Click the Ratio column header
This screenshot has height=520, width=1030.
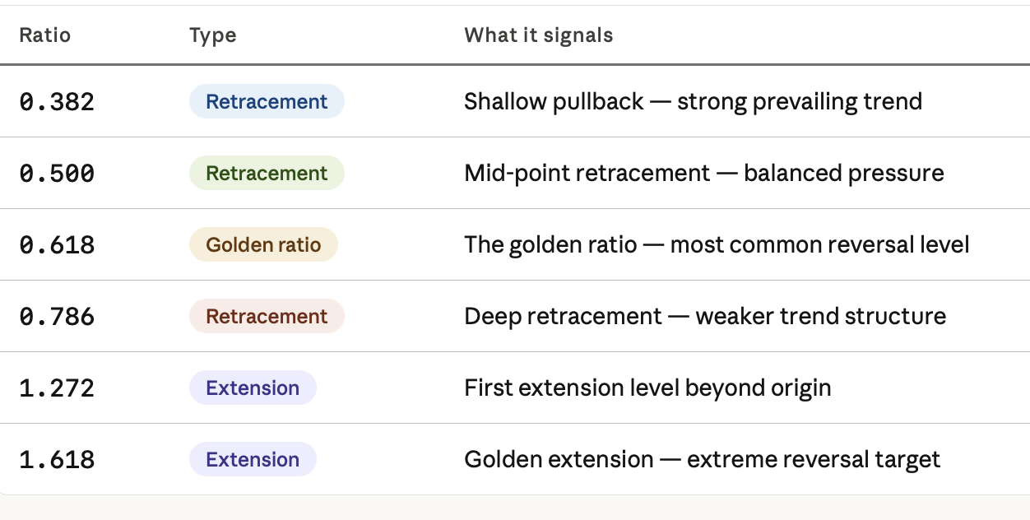45,35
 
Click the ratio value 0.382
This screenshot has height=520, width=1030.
57,101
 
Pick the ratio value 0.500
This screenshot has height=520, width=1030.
57,174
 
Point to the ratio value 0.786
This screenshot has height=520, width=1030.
57,316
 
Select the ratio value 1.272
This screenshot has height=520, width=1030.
57,388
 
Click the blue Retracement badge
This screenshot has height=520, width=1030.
267,101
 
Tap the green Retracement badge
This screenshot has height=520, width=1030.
267,173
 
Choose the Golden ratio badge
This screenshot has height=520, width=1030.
263,244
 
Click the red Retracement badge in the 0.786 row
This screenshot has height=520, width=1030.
267,316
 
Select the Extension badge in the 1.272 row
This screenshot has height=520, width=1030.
253,388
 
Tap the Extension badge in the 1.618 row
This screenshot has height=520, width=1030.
253,459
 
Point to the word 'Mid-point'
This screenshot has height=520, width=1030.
517,174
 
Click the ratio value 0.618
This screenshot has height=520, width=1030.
57,245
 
